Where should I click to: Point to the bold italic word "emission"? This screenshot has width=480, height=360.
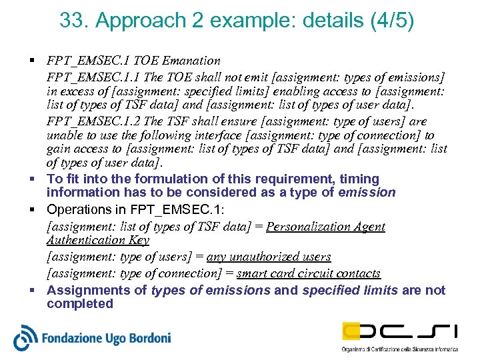pos(367,193)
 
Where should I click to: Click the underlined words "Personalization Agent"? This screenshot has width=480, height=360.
pos(325,227)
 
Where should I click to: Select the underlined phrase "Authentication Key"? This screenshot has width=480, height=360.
pos(97,240)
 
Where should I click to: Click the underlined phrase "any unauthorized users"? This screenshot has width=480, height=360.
pos(269,257)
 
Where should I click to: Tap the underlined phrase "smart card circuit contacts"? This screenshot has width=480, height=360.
pos(309,273)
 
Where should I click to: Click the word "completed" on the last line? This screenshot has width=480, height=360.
pos(80,304)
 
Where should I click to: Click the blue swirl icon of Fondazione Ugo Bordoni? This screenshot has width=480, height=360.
pos(25,337)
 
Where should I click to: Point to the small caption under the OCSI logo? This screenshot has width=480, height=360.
pos(399,349)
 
